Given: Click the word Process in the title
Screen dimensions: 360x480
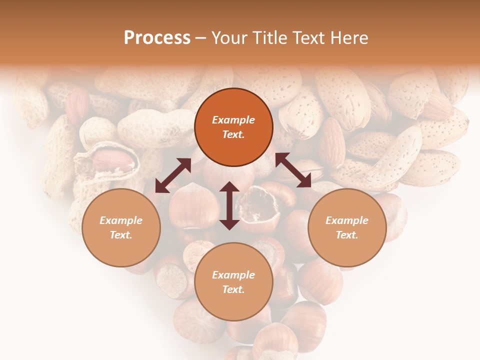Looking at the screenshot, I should point(157,38).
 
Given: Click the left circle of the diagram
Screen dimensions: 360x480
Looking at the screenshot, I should point(121,227).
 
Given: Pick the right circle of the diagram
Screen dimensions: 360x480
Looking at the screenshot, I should point(347,227).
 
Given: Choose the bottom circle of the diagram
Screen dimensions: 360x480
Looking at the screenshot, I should point(233,282).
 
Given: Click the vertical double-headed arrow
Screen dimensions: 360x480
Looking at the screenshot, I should point(229,205).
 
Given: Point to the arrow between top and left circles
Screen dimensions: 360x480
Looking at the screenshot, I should point(173,175).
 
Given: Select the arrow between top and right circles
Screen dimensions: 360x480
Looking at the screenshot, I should point(293,170).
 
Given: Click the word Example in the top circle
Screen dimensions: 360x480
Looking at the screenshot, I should point(233,120).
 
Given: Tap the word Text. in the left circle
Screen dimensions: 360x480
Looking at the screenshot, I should point(121,235).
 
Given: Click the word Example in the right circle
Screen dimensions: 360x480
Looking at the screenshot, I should point(347,220).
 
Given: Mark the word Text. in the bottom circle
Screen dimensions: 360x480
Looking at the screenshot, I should point(233,289).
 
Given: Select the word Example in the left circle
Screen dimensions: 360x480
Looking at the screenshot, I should point(121,220).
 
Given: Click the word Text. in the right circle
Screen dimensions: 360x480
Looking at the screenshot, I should point(347,235).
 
